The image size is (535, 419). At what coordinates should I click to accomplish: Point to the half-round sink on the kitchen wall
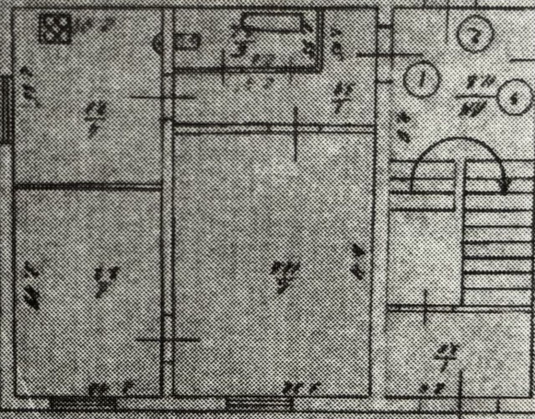[x=159, y=43]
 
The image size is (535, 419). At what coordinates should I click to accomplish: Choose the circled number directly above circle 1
[x=475, y=34]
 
